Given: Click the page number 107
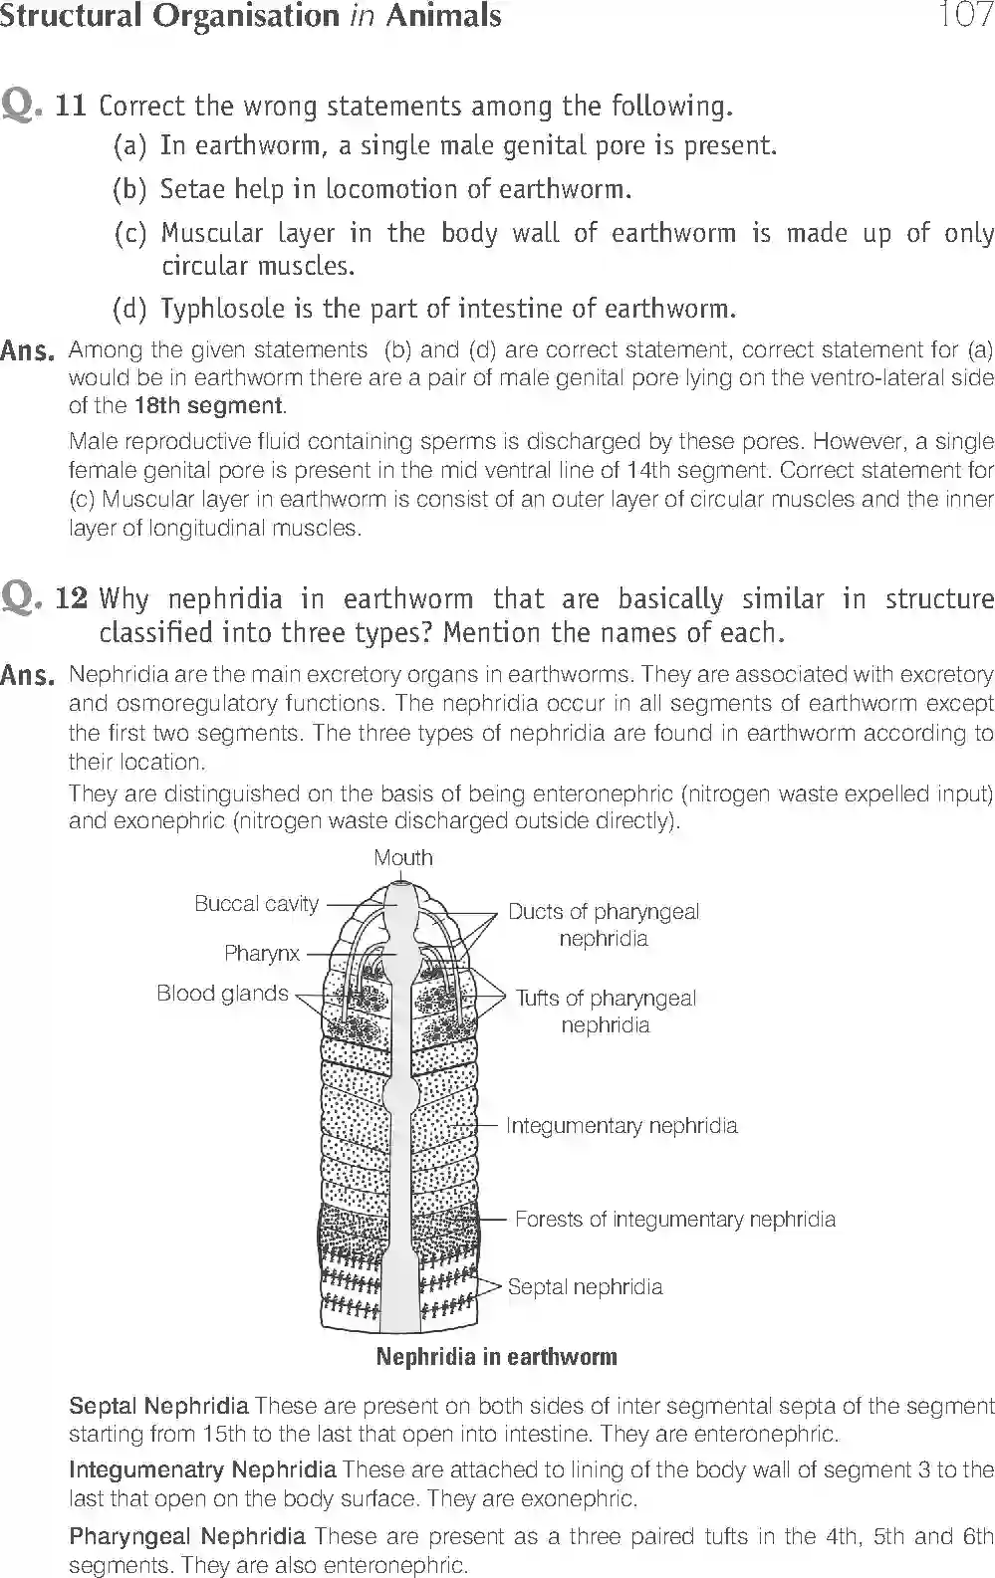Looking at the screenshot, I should pyautogui.click(x=963, y=17).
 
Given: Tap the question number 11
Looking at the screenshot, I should pyautogui.click(x=71, y=106).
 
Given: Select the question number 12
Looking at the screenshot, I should pyautogui.click(x=71, y=598).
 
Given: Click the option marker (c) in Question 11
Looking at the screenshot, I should pyautogui.click(x=130, y=234).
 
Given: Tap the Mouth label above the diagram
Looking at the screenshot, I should pyautogui.click(x=403, y=857).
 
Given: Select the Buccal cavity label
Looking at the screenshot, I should pyautogui.click(x=256, y=904).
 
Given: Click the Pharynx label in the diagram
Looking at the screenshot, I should pyautogui.click(x=261, y=953).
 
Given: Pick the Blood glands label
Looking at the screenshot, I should pyautogui.click(x=222, y=994).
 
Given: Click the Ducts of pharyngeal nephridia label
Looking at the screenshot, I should pyautogui.click(x=604, y=925).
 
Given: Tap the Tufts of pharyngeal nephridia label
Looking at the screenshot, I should pyautogui.click(x=606, y=1012).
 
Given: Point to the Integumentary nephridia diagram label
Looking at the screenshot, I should pyautogui.click(x=622, y=1126).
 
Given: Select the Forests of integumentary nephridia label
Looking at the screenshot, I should pyautogui.click(x=674, y=1220).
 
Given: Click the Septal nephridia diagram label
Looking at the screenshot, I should pyautogui.click(x=585, y=1286).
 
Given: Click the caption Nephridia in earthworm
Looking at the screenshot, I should pyautogui.click(x=496, y=1357).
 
